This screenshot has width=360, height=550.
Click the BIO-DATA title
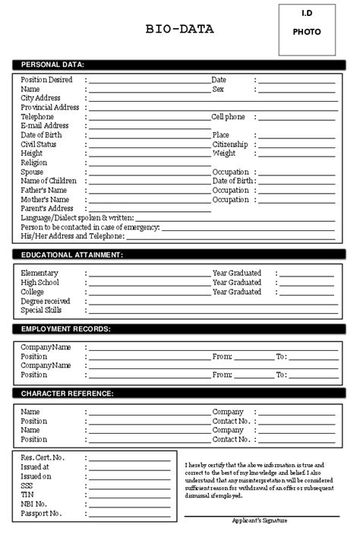coord(179,30)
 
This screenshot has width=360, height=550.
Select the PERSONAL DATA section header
coord(52,64)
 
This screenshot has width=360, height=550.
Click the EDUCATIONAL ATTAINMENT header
coord(72,255)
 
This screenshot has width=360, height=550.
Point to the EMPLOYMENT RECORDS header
coord(66,329)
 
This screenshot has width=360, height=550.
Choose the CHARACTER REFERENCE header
coord(68,394)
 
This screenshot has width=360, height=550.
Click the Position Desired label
coord(46,79)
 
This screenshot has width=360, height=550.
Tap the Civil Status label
coord(39,144)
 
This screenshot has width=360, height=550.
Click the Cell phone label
coord(228,116)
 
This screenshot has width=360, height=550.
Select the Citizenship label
coord(231,144)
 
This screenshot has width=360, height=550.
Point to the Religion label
coord(34,163)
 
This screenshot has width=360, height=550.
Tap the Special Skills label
coord(42,310)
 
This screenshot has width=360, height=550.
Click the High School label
coord(38,282)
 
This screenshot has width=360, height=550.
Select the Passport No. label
coord(42,513)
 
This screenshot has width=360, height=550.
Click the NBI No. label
coord(35,504)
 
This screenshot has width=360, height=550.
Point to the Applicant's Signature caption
coord(261,520)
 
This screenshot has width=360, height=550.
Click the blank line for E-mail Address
coord(149,127)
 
